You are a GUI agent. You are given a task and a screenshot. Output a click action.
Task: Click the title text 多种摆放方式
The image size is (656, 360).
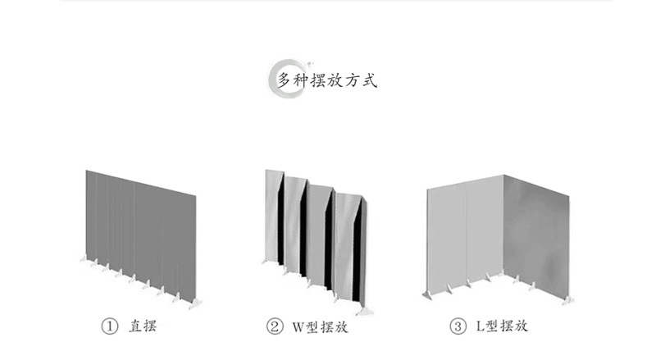click(326, 80)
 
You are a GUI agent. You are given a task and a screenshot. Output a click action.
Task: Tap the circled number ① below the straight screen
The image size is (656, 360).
click(109, 326)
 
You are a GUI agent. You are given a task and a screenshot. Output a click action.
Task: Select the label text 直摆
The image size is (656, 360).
click(141, 326)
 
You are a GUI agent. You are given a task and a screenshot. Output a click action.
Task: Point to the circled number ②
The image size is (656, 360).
click(275, 326)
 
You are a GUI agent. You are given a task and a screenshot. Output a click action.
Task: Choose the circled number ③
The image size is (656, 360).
click(458, 326)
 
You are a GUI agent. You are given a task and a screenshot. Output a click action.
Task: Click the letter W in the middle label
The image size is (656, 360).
click(298, 326)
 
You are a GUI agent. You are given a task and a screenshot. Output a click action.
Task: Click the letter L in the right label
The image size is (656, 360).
click(480, 326)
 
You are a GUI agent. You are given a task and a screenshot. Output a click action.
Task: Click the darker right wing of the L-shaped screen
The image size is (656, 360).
click(536, 230)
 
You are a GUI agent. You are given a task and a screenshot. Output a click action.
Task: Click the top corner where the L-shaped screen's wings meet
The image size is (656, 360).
click(503, 175)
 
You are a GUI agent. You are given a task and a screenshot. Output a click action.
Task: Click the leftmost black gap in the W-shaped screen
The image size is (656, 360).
click(280, 226)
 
